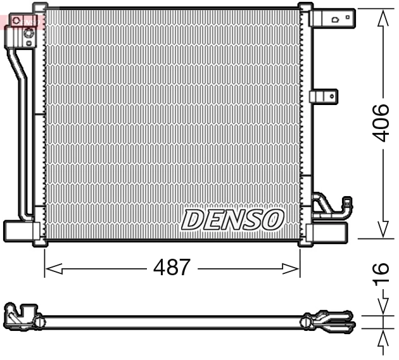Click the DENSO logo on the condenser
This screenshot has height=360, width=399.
(x=232, y=220)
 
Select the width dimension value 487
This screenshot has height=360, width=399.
(x=172, y=268)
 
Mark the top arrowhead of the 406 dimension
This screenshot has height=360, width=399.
(x=383, y=19)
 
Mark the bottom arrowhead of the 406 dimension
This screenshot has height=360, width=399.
(x=383, y=229)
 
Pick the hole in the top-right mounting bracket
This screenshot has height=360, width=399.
(x=335, y=20)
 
